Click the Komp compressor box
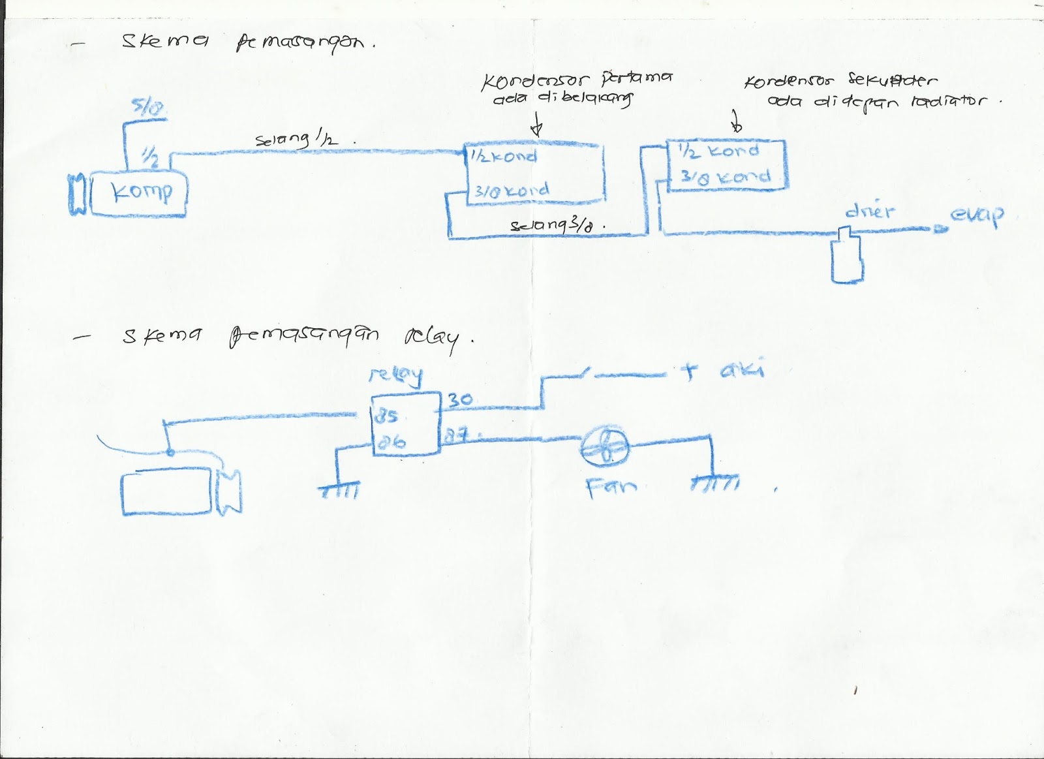click(139, 194)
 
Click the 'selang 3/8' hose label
click(556, 225)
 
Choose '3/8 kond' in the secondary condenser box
click(725, 177)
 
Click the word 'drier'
click(870, 211)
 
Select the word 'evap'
click(977, 215)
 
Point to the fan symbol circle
click(606, 447)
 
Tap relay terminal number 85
click(386, 416)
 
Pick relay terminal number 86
click(391, 442)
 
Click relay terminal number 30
click(460, 399)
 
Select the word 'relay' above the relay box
click(395, 375)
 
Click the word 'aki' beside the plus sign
click(741, 371)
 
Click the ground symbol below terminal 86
click(339, 490)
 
